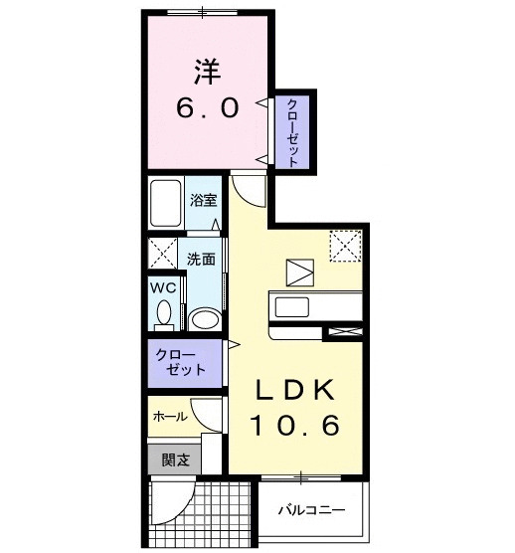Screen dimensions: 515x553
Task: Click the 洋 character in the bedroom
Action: point(208,72)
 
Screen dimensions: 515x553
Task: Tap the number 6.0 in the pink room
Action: point(208,108)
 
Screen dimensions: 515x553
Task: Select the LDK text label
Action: point(295,389)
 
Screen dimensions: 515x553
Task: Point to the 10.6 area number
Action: point(295,425)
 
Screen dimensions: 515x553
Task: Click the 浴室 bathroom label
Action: point(204,200)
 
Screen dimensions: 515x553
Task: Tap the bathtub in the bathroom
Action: point(165,204)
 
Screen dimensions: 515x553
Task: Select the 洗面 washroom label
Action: point(201,260)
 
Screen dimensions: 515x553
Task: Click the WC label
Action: point(163,287)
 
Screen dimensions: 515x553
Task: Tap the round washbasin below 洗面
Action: point(205,319)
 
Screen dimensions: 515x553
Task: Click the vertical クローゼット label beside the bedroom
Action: point(292,133)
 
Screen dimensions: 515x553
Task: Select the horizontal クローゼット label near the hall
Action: point(181,362)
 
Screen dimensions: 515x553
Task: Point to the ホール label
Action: point(170,417)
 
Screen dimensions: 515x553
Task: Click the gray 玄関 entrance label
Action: point(176,460)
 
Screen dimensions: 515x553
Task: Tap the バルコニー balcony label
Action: point(311,510)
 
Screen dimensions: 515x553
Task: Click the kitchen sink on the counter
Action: point(292,306)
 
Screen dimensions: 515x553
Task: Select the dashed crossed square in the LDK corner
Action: point(345,246)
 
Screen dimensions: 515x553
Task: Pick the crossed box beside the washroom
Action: point(162,253)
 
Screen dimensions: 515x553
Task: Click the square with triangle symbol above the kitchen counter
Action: point(300,273)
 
